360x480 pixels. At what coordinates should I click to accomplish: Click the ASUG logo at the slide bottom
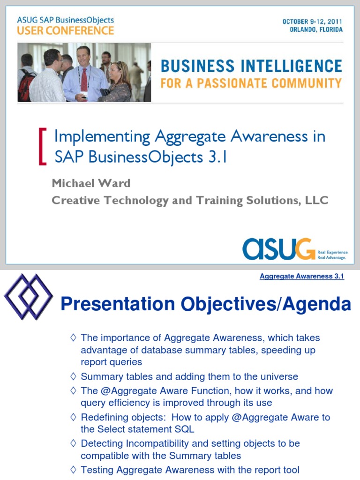point(278,249)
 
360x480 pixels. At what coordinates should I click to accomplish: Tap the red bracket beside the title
point(42,146)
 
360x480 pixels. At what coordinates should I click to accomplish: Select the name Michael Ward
point(91,183)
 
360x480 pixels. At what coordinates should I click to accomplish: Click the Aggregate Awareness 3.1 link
point(302,277)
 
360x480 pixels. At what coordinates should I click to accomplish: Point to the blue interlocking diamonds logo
point(28,297)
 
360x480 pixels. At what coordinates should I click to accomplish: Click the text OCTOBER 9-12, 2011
point(312,22)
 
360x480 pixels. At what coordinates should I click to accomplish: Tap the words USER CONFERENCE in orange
point(66,30)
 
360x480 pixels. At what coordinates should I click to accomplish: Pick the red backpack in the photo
point(26,87)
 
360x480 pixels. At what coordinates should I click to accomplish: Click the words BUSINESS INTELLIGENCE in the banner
point(251,66)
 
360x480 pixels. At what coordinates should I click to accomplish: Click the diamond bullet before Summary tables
point(73,376)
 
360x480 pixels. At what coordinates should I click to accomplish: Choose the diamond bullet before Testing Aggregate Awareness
point(73,469)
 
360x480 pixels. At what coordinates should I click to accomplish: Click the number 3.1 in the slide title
point(217,157)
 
